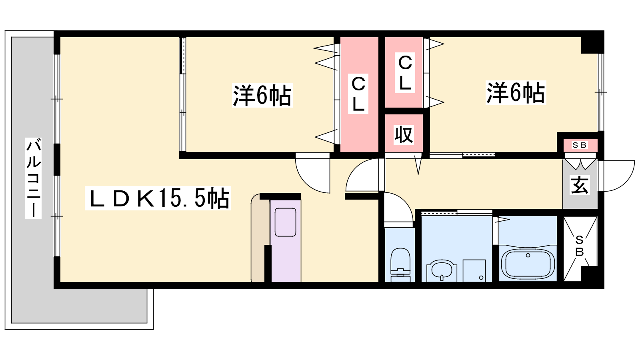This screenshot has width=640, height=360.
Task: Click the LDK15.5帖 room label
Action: click(x=158, y=198)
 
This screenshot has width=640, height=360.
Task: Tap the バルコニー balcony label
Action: click(x=34, y=178)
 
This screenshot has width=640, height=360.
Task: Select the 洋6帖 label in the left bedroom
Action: click(x=262, y=96)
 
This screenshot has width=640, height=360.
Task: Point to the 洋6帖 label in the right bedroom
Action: click(x=516, y=92)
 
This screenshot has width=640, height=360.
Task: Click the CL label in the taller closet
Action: click(x=358, y=94)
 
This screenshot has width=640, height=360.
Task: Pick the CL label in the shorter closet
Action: click(x=405, y=73)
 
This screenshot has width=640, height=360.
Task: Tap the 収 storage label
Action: click(x=404, y=134)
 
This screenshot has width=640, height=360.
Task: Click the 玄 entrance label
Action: click(x=580, y=185)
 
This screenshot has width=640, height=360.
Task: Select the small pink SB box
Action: click(x=580, y=146)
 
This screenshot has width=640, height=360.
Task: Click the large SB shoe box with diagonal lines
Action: click(x=580, y=249)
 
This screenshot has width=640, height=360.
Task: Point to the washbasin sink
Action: click(x=442, y=271)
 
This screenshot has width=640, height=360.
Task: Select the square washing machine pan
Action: click(x=474, y=270)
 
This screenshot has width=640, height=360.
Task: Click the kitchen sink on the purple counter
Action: click(x=285, y=222)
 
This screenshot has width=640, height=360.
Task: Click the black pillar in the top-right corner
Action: click(x=592, y=42)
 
